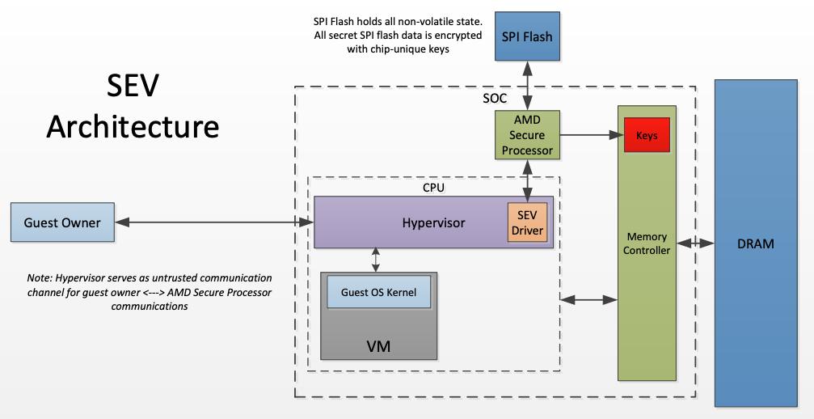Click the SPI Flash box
click(x=528, y=37)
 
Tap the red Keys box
click(x=646, y=136)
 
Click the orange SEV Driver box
click(x=527, y=221)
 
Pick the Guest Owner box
click(x=62, y=222)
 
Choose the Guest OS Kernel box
click(x=378, y=292)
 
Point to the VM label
click(x=378, y=345)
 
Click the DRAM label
click(x=757, y=243)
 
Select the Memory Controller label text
click(x=646, y=243)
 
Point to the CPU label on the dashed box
click(x=433, y=187)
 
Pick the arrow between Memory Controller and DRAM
click(x=694, y=243)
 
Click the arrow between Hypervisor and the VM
click(x=375, y=260)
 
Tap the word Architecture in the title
click(x=133, y=127)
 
